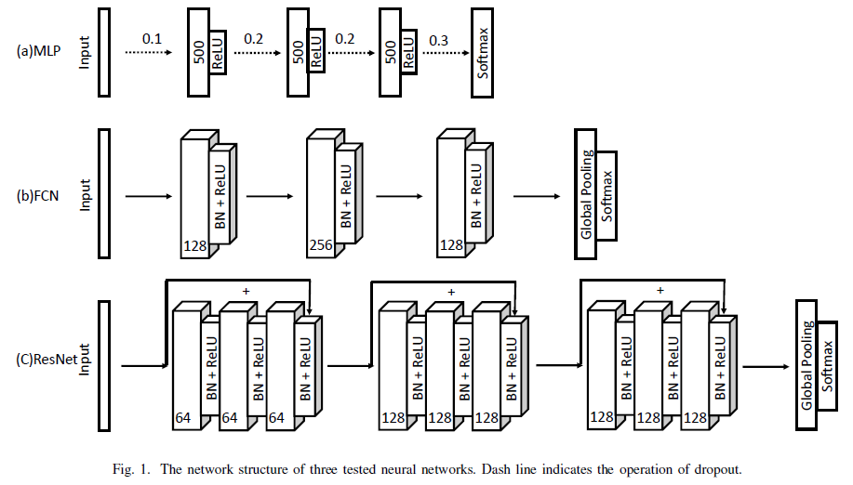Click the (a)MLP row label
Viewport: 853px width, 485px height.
(x=38, y=52)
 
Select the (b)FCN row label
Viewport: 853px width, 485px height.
(x=39, y=196)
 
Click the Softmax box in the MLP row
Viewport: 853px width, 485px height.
(x=482, y=52)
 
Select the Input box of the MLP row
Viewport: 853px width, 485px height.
(x=103, y=52)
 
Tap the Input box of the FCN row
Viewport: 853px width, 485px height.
(x=103, y=193)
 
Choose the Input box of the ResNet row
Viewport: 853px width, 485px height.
(x=103, y=364)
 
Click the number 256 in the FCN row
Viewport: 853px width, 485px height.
(x=319, y=246)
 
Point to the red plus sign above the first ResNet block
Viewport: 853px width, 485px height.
(x=247, y=291)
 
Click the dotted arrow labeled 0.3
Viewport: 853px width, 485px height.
(x=442, y=53)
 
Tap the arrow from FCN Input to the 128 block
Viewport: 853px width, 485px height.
(x=147, y=196)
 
